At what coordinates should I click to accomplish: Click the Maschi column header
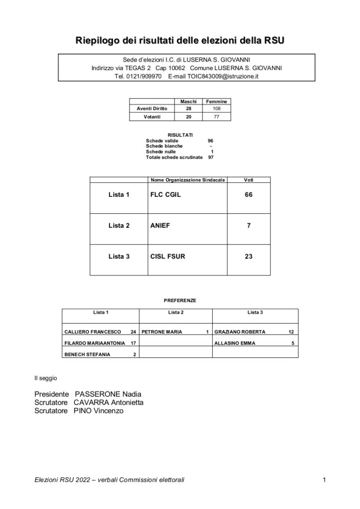(188, 101)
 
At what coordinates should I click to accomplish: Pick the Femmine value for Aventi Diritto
(216, 108)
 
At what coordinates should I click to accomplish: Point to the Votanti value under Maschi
(188, 116)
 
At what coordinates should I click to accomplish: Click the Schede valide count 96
(210, 141)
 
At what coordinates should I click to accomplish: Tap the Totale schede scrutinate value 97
(211, 157)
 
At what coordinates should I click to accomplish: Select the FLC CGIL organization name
(166, 195)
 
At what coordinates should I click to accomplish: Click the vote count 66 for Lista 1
(249, 195)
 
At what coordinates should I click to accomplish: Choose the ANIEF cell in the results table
(160, 226)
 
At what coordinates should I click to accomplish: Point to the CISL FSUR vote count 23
(249, 256)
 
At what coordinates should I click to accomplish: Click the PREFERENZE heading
(180, 300)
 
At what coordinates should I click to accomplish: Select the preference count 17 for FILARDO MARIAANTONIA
(133, 343)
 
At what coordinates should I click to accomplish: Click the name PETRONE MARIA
(162, 331)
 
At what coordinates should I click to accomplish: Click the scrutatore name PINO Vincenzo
(98, 411)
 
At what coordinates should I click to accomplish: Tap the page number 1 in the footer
(324, 480)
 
